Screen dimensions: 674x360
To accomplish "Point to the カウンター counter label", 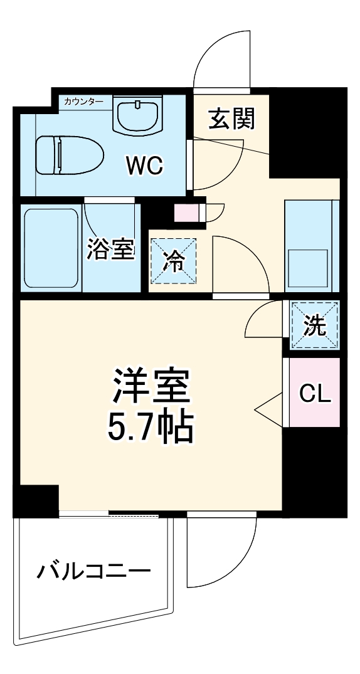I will pyautogui.click(x=80, y=101).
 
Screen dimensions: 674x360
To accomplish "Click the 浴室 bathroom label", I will pyautogui.click(x=110, y=249).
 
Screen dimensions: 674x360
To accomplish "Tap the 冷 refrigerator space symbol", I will pyautogui.click(x=172, y=261).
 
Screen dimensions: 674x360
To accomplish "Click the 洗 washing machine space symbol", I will pyautogui.click(x=315, y=325).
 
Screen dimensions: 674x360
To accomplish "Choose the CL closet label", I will pyautogui.click(x=314, y=394).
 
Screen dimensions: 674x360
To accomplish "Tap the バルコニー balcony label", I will pyautogui.click(x=93, y=572).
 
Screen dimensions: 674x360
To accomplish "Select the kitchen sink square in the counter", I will pyautogui.click(x=307, y=268).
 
